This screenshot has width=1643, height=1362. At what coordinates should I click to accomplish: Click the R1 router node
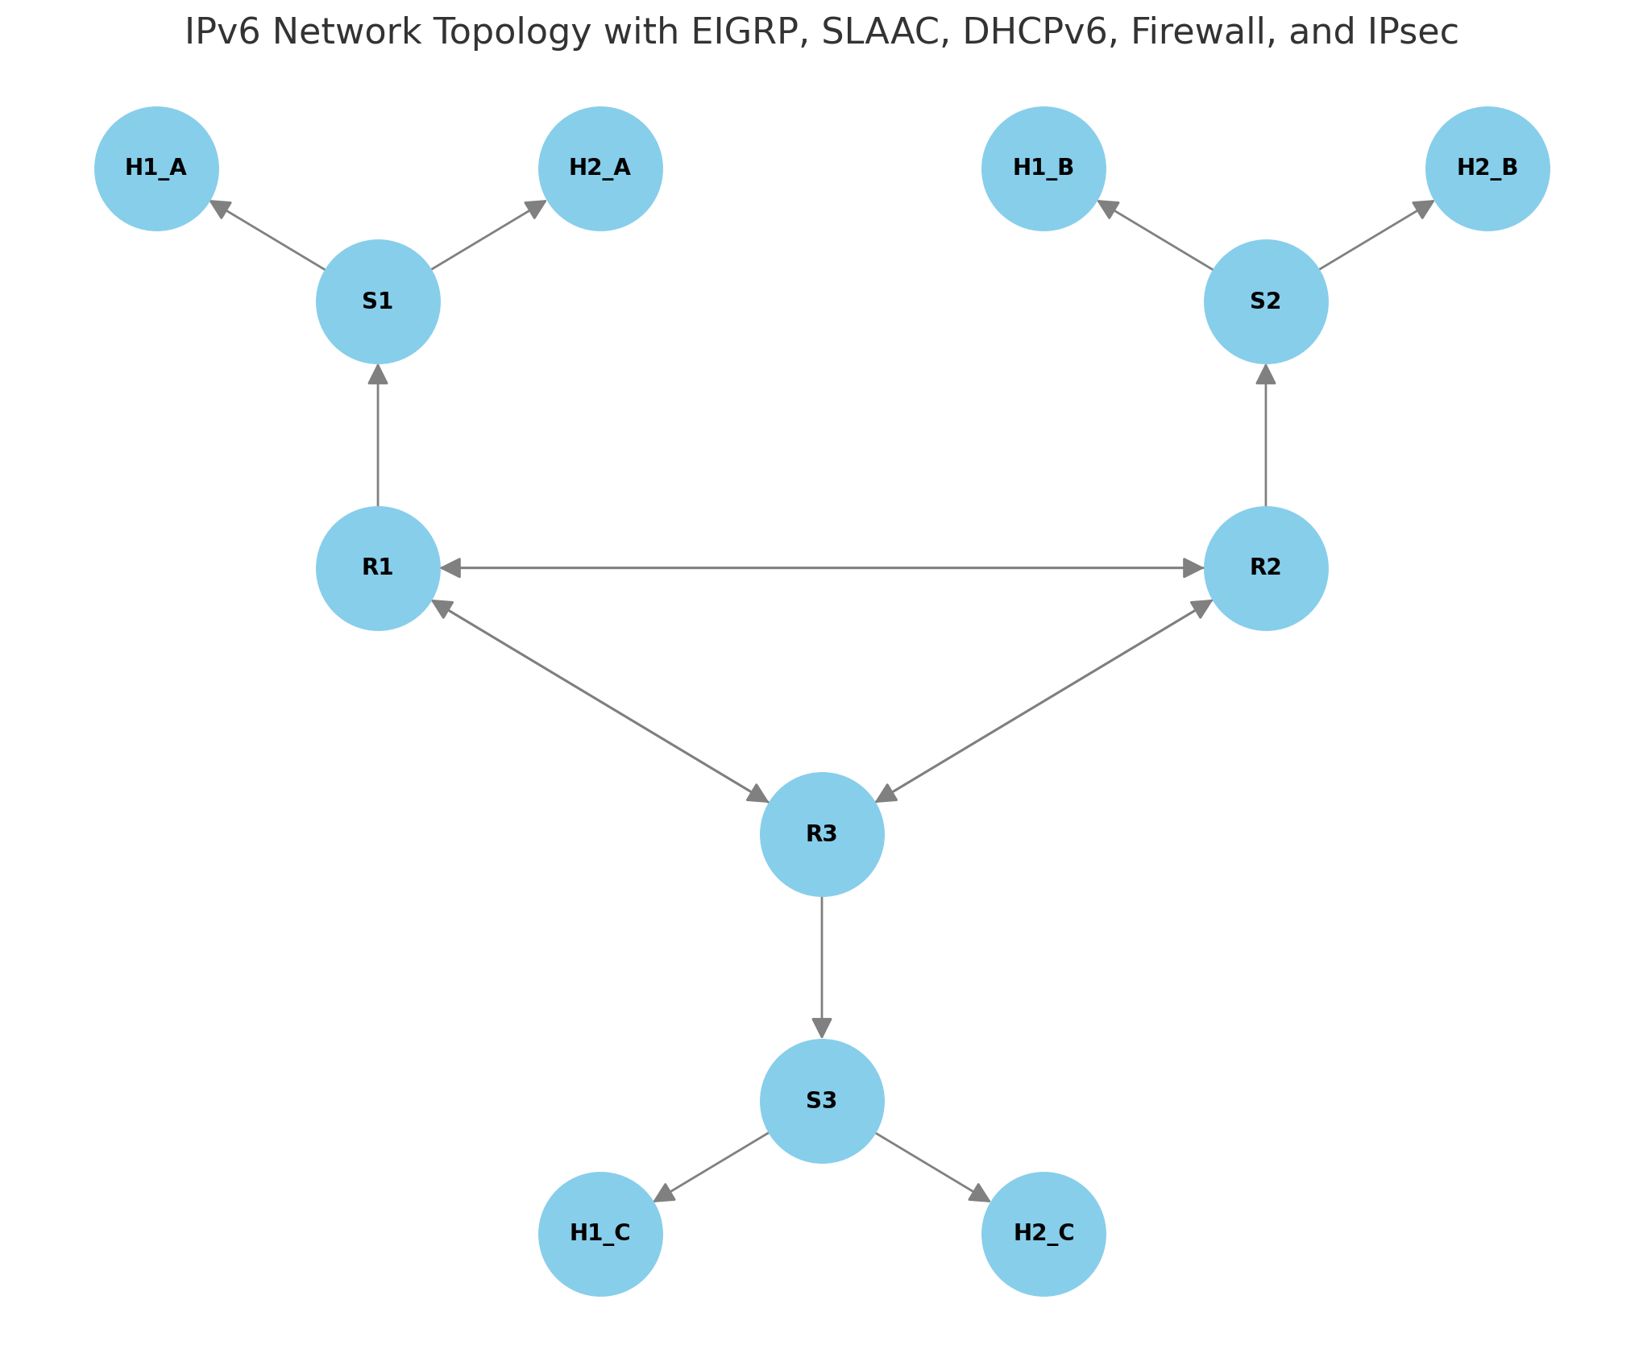378,568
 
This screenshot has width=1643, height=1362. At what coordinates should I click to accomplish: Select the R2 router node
1265,568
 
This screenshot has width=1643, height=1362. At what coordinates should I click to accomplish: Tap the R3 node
822,834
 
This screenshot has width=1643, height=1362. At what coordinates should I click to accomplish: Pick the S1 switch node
378,301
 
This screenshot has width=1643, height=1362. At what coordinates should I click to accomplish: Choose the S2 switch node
1265,301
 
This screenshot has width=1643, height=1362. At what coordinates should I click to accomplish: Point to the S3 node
822,1101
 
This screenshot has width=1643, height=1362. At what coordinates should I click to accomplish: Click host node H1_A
156,168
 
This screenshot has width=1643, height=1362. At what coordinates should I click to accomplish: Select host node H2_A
600,168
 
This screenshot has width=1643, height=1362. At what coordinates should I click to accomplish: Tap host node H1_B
1043,168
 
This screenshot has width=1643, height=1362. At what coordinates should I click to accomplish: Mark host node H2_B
1487,168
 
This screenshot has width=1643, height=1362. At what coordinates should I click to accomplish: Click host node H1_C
600,1234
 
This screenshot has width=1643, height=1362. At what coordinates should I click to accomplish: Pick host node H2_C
1043,1234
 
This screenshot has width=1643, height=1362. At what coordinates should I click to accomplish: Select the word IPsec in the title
1417,32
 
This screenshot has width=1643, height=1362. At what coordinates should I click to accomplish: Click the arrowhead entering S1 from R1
378,374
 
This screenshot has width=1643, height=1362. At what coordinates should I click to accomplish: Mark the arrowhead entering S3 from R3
822,1028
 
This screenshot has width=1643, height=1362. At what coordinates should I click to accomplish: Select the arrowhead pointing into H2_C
980,1194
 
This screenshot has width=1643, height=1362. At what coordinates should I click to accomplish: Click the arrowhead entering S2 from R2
1265,374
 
